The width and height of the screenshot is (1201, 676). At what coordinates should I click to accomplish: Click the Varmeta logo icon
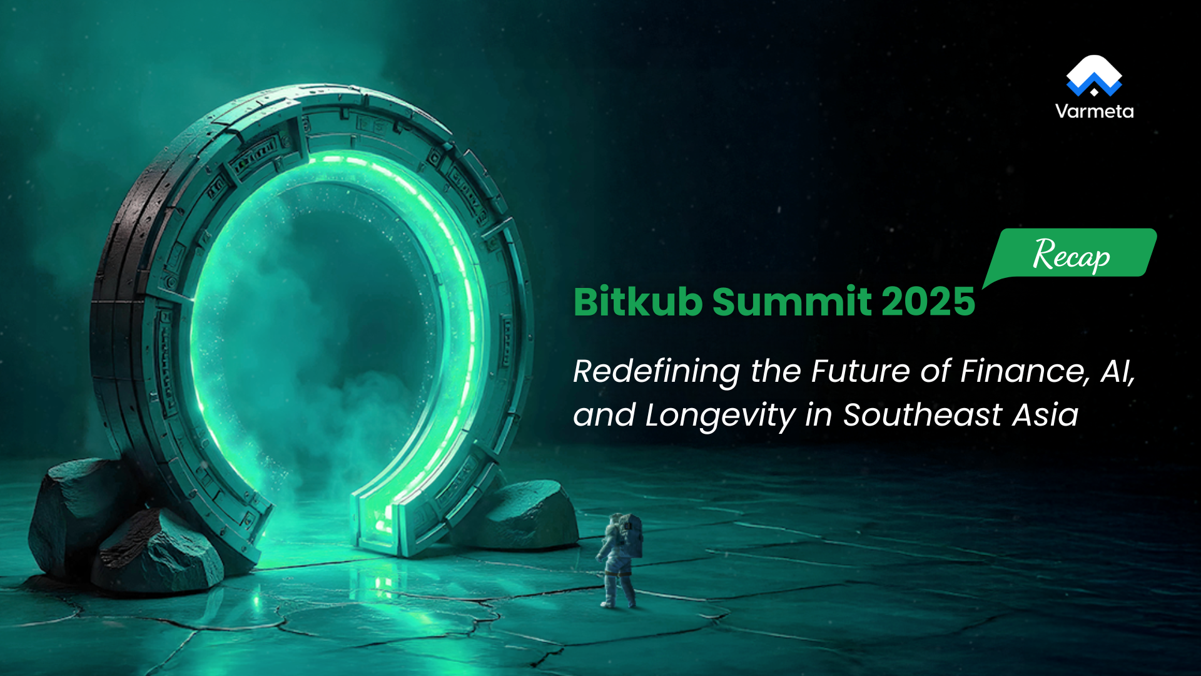[x=1093, y=76]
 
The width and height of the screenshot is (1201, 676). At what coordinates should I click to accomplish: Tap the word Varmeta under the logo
[x=1094, y=111]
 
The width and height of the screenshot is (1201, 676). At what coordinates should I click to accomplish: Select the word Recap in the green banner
[x=1071, y=255]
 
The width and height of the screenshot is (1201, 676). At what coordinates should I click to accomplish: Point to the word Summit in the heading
[x=792, y=302]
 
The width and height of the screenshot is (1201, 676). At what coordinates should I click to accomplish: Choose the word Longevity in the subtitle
[x=719, y=415]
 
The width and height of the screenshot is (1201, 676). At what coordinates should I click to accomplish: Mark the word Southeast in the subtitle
[x=922, y=414]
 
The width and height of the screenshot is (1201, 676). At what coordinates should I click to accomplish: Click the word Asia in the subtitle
[x=1045, y=414]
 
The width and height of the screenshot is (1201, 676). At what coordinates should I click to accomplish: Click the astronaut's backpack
[x=632, y=536]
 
